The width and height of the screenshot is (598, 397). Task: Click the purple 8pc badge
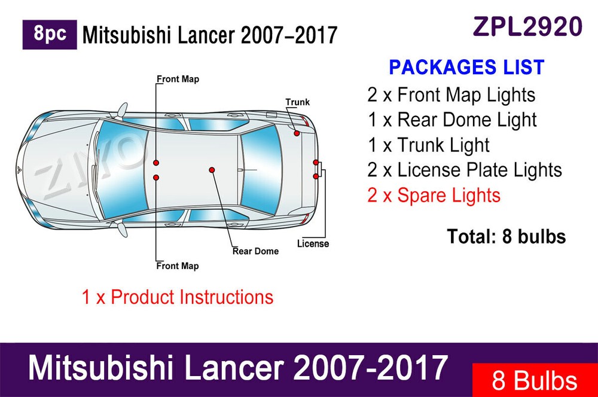[x=50, y=35]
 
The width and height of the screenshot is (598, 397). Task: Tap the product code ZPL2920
[x=527, y=26]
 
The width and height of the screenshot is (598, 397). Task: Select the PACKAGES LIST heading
[x=466, y=67]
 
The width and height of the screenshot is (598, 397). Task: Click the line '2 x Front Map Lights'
[x=451, y=94]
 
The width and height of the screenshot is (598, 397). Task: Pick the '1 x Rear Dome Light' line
[x=452, y=120]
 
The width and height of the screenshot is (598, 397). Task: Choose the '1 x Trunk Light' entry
[x=429, y=145]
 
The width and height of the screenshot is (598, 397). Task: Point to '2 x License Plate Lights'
[x=465, y=170]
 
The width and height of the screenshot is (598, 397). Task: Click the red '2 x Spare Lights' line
[x=434, y=195]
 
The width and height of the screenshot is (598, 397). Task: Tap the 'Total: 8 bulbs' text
[x=506, y=237]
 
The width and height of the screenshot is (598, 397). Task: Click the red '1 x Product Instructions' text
[x=178, y=297]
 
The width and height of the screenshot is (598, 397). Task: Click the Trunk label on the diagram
[x=297, y=102]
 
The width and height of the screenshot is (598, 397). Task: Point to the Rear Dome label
[x=255, y=251]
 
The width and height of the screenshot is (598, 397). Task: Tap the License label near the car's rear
[x=313, y=243]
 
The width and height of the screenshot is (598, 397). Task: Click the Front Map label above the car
[x=178, y=79]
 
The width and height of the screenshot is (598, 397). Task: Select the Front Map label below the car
[x=178, y=265]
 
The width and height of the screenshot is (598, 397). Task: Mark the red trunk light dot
[x=297, y=133]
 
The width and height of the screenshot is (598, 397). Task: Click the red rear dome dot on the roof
[x=212, y=170]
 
